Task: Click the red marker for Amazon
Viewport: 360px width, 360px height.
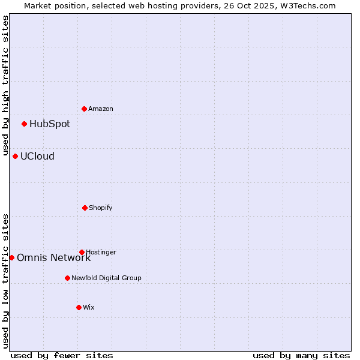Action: [85, 109]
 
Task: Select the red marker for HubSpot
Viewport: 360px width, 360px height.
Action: [25, 124]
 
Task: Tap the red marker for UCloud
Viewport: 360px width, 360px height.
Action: [16, 156]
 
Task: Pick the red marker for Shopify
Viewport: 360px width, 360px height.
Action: [85, 208]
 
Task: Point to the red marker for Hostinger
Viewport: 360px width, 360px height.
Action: [82, 252]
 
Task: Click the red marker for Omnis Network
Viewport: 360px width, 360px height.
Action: [11, 257]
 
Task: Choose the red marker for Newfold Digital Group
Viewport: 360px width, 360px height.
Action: [67, 278]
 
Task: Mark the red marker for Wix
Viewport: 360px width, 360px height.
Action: [79, 307]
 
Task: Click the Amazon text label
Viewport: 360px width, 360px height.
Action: [101, 109]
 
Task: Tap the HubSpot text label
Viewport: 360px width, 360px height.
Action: [50, 124]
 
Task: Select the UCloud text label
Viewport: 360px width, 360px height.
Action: [37, 157]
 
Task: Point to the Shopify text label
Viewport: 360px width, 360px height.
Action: [101, 208]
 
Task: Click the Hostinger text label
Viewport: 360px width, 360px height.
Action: [101, 252]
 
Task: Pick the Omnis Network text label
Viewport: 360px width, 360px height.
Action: [54, 258]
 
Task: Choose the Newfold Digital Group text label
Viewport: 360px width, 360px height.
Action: [106, 278]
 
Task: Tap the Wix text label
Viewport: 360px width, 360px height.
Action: [89, 308]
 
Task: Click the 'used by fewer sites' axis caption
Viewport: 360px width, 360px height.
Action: [62, 355]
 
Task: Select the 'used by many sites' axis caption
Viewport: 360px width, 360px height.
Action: [301, 355]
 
